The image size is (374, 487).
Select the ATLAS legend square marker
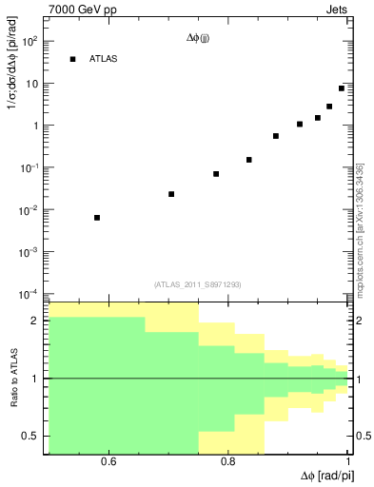pos(72,59)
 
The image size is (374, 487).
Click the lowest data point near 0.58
pos(97,218)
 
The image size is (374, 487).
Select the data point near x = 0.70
pos(171,194)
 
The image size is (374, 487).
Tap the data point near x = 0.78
pos(216,174)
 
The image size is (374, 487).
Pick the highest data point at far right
pos(342,88)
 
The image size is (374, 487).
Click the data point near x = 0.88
pos(276,136)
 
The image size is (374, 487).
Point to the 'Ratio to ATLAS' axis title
pos(15,379)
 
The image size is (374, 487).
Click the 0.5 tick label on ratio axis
pos(30,436)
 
